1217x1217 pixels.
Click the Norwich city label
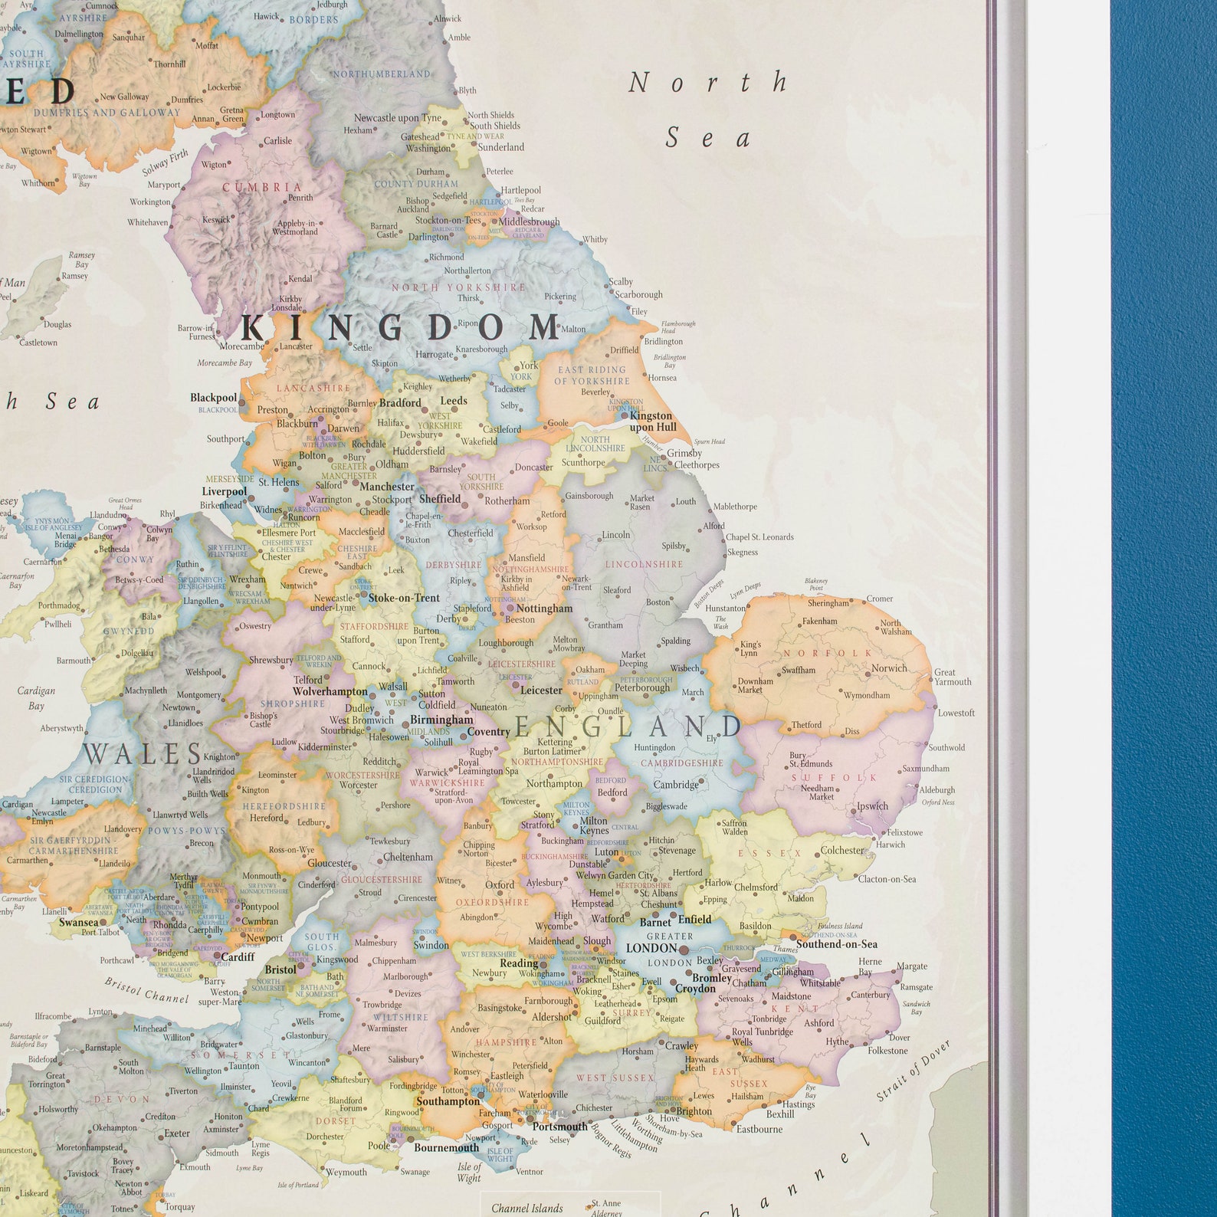[889, 668]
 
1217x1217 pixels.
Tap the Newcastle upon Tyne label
[398, 118]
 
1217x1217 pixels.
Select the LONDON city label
[651, 948]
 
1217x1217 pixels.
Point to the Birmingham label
[441, 720]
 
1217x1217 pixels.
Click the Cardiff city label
[238, 956]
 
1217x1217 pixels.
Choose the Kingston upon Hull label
[652, 421]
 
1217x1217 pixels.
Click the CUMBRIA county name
[262, 187]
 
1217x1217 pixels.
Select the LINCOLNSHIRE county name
[644, 564]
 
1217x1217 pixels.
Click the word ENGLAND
[628, 727]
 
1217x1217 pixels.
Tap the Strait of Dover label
[914, 1071]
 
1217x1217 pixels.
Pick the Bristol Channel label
[146, 990]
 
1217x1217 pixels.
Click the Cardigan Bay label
[36, 697]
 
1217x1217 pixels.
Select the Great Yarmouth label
[952, 677]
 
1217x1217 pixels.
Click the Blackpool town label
[214, 398]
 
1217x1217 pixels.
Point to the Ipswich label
[872, 805]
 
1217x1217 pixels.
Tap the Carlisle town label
[277, 141]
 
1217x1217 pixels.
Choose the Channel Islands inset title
[526, 1208]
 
